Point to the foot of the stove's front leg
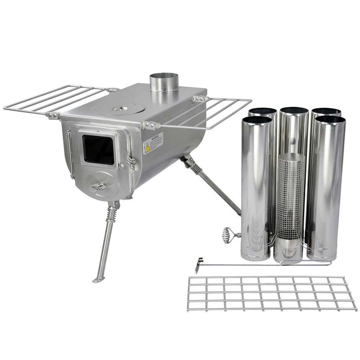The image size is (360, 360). pyautogui.click(x=98, y=280)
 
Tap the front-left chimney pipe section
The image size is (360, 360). pyautogui.click(x=256, y=185)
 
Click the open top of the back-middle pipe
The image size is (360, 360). pyautogui.click(x=294, y=111)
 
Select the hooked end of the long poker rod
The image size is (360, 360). pyautogui.click(x=199, y=265)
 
